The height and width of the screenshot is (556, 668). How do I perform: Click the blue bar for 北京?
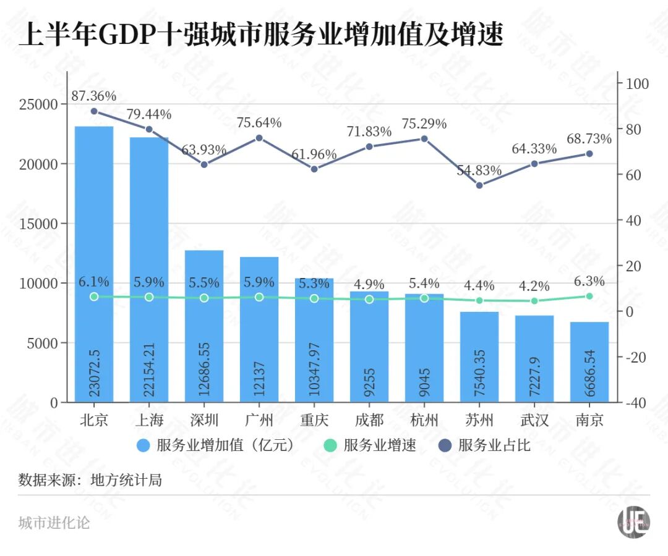click(x=94, y=264)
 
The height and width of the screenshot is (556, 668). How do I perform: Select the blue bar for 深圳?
click(x=204, y=326)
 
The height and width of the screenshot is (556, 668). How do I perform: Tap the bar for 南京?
click(x=589, y=361)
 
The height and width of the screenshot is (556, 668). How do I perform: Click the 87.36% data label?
click(x=94, y=96)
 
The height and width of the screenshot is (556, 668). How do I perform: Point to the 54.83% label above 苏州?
click(x=479, y=171)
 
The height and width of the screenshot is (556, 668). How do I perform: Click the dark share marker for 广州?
click(x=259, y=138)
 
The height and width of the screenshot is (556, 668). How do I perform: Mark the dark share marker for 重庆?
click(x=314, y=169)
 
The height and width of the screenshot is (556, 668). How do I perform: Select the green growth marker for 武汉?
click(x=534, y=301)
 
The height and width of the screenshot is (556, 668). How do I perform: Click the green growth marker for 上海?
click(x=149, y=297)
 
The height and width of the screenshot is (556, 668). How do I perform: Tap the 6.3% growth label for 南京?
click(x=589, y=281)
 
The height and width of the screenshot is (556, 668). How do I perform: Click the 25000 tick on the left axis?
click(x=38, y=104)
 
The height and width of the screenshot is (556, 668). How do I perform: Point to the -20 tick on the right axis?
click(x=636, y=357)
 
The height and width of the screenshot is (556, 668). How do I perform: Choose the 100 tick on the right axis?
click(x=637, y=84)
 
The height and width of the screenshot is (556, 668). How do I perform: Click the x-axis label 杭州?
click(x=424, y=420)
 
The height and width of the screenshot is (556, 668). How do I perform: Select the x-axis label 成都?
click(x=369, y=420)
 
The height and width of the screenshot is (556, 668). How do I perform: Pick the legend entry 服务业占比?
click(x=484, y=445)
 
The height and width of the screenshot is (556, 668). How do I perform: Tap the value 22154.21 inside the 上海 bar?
click(x=149, y=369)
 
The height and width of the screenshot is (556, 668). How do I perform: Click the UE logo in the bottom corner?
click(x=633, y=522)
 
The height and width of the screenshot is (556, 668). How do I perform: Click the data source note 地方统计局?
click(x=126, y=480)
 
